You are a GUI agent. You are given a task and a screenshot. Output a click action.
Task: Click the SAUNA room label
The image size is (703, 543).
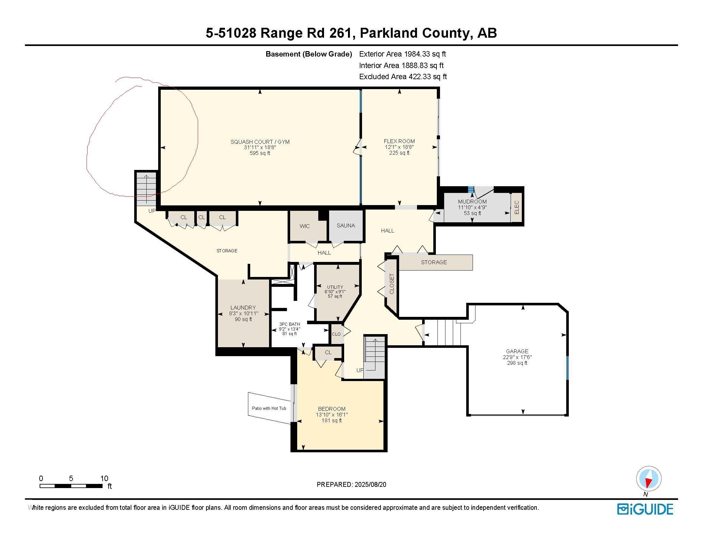click(x=346, y=226)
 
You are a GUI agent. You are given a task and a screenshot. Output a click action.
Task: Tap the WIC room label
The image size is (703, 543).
click(x=305, y=226)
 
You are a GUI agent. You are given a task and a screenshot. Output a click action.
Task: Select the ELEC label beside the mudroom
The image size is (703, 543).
click(x=517, y=207)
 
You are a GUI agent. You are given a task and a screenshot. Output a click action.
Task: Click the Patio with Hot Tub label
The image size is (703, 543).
click(x=269, y=408)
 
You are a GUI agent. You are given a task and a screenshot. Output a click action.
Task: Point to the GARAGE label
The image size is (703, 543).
click(x=517, y=351)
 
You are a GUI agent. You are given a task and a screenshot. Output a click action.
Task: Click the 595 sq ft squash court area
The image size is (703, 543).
click(x=260, y=153)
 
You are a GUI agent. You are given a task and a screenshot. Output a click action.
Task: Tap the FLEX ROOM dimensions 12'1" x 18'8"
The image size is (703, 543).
click(x=399, y=147)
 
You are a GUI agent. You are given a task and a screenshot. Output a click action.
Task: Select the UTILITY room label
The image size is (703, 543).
click(x=335, y=287)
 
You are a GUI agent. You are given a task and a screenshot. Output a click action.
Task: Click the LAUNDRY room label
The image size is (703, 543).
click(x=243, y=308)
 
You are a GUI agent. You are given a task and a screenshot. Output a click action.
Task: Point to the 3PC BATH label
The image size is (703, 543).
click(x=290, y=324)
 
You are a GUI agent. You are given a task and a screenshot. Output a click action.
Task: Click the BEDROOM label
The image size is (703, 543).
click(x=332, y=409)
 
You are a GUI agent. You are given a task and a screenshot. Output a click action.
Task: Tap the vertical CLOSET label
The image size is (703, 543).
click(x=392, y=284)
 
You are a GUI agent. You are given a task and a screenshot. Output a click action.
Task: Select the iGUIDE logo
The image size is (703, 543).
click(x=645, y=509)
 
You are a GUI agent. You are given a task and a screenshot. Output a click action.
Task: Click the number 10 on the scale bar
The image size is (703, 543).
click(x=104, y=478)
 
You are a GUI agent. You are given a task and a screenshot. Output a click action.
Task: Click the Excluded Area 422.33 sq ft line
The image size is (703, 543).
click(x=403, y=77)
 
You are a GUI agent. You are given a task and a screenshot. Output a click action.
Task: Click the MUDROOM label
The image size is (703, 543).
click(x=472, y=202)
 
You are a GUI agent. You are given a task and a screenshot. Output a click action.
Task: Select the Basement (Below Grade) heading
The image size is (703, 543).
click(x=309, y=54)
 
